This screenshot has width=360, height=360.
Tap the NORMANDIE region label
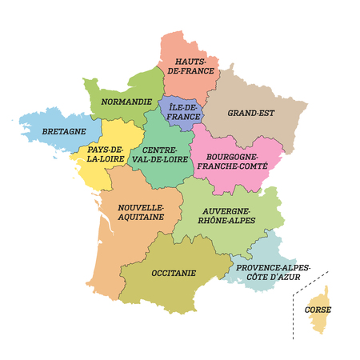pyautogui.click(x=119, y=102)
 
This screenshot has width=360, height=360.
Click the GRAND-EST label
pyautogui.click(x=250, y=113)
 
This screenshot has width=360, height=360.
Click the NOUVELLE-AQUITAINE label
pyautogui.click(x=140, y=212)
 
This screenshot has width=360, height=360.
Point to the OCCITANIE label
pyautogui.click(x=173, y=272)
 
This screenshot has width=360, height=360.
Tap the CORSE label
pyautogui.click(x=318, y=309)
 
